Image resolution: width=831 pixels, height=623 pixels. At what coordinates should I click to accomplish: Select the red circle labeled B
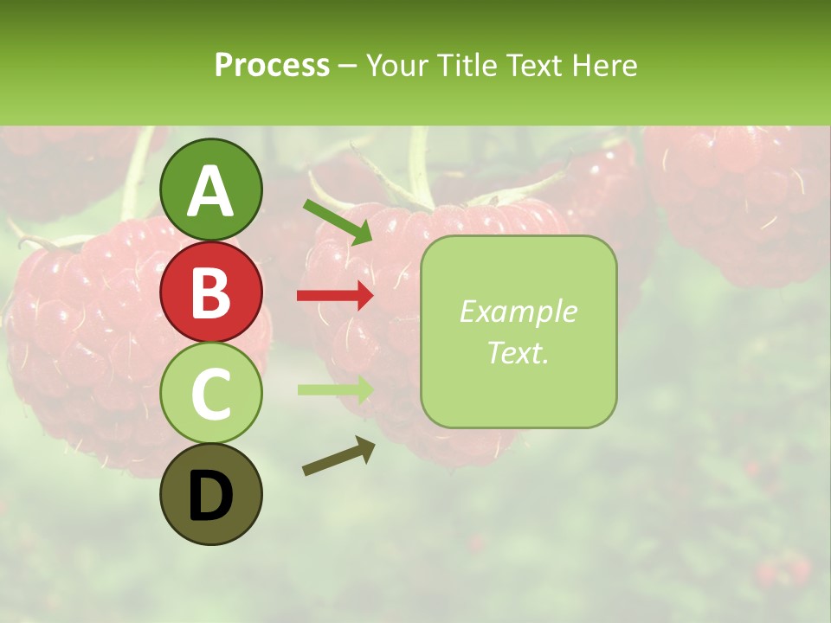tap(211, 292)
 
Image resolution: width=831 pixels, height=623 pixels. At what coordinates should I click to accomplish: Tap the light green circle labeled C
tap(211, 394)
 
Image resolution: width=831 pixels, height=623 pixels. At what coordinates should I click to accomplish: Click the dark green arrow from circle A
tap(338, 222)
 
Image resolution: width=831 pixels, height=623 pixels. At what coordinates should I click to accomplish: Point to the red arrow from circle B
tap(335, 296)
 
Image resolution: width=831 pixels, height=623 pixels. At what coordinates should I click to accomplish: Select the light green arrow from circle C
tap(335, 389)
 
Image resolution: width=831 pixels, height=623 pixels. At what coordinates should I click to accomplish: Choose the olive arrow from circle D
tap(338, 456)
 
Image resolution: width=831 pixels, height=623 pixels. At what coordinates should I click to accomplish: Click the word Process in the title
tap(272, 65)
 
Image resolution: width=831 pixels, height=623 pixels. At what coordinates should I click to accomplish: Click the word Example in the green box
tap(518, 311)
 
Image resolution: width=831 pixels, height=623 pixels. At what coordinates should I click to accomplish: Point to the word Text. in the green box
tap(518, 353)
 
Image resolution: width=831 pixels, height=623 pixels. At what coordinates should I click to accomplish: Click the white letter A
tap(211, 192)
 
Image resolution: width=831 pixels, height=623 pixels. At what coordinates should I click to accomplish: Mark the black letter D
tap(211, 496)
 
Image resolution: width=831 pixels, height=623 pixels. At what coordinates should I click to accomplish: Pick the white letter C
tap(211, 394)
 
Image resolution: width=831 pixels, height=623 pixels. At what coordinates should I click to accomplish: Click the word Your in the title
tap(395, 65)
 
